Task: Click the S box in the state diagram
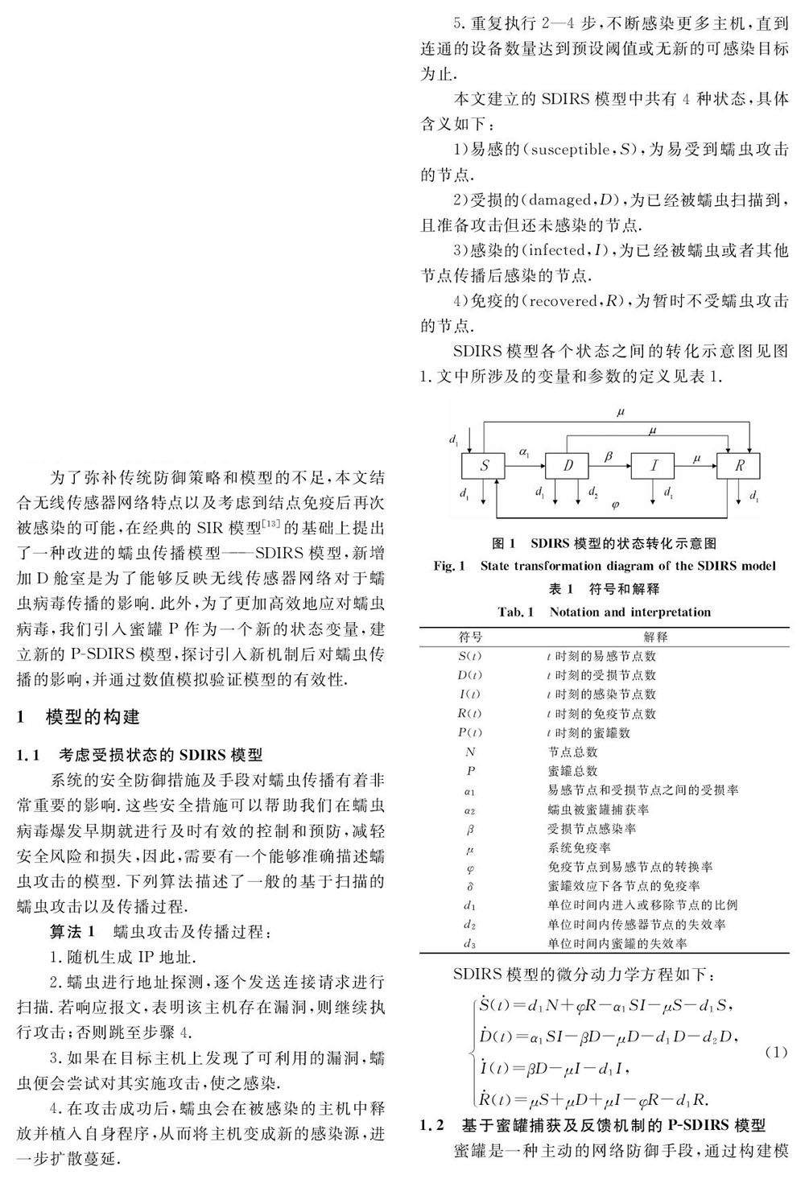coord(484,465)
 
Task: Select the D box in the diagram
coord(568,465)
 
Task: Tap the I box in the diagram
coord(654,465)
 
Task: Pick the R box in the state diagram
coord(738,465)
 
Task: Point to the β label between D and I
coord(609,455)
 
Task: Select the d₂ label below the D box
coord(592,492)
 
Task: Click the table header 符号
coord(470,637)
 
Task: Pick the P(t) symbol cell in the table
coord(470,732)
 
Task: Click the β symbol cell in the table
coord(470,828)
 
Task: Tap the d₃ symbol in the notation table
coord(470,943)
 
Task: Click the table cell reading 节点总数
coord(572,752)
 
